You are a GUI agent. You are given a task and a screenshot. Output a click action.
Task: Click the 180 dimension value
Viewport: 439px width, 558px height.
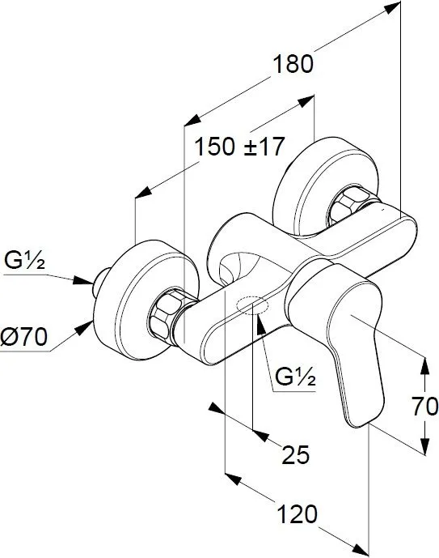pyautogui.click(x=293, y=65)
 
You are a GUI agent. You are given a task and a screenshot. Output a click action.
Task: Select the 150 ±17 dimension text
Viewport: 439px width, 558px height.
pyautogui.click(x=240, y=147)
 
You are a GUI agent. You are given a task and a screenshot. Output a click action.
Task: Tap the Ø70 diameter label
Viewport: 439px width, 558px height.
pyautogui.click(x=23, y=337)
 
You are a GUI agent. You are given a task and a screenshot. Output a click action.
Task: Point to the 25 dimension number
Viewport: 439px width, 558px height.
pyautogui.click(x=296, y=454)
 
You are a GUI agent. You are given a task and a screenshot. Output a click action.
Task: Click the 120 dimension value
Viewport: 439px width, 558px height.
pyautogui.click(x=297, y=514)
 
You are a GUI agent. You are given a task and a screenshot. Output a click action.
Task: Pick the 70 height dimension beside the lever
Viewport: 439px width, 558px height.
pyautogui.click(x=425, y=407)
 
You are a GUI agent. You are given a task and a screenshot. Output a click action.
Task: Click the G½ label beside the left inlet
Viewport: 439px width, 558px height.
pyautogui.click(x=24, y=261)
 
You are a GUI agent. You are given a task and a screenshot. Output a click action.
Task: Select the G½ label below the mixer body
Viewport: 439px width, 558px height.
pyautogui.click(x=296, y=377)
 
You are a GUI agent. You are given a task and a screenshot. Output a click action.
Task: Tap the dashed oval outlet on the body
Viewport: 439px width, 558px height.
pyautogui.click(x=252, y=305)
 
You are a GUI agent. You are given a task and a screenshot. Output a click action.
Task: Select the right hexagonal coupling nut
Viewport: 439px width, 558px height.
pyautogui.click(x=351, y=205)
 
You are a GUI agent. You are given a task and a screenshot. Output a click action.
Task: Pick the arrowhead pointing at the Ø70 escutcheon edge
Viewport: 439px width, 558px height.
pyautogui.click(x=85, y=327)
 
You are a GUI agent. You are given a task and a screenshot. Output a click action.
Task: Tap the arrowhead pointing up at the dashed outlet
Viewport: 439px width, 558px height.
pyautogui.click(x=260, y=323)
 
